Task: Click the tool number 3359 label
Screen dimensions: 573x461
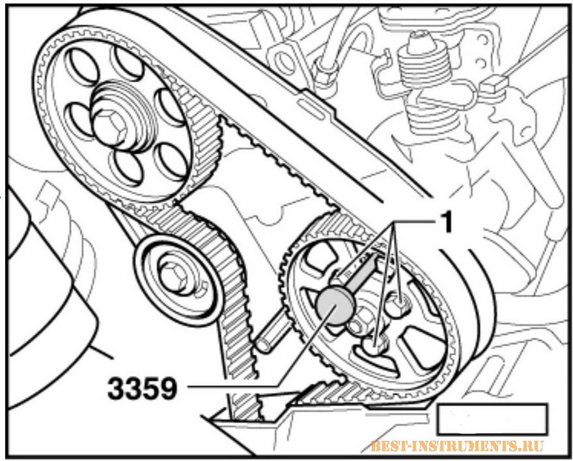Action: coord(142,388)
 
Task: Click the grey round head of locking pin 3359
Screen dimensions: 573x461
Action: coord(335,306)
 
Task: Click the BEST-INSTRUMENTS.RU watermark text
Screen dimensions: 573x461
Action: coord(457,446)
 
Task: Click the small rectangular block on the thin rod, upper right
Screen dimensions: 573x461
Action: coord(494,85)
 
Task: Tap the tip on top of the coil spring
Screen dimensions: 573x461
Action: coord(419,37)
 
